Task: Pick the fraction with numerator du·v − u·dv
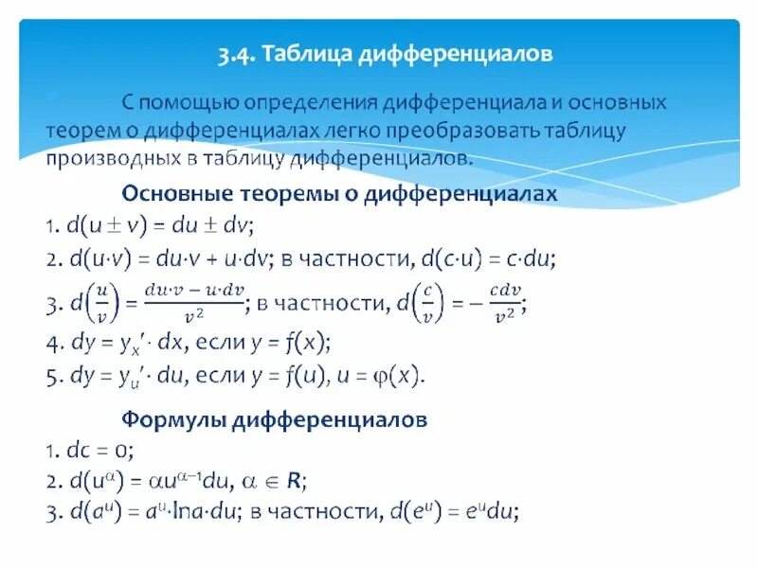tap(194, 305)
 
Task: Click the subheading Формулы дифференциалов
tap(275, 417)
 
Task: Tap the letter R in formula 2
tap(296, 480)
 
